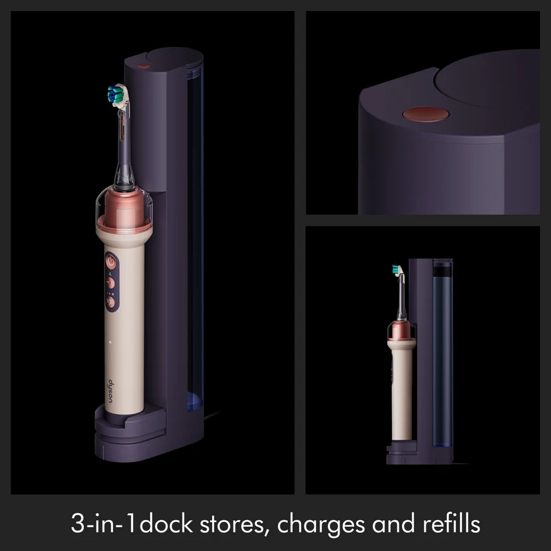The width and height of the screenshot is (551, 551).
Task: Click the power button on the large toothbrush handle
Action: [111, 262]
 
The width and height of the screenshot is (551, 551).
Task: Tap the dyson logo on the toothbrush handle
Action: [111, 391]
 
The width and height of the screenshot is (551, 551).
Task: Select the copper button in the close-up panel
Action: [426, 114]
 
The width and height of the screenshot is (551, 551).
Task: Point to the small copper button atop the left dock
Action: [143, 66]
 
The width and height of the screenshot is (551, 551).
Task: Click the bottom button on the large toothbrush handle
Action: [110, 302]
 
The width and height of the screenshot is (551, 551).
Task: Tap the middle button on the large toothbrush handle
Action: [111, 282]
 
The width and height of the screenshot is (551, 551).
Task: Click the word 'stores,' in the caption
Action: [232, 525]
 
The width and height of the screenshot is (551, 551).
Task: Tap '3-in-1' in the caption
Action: [103, 524]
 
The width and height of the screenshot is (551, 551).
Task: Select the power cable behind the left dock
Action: [212, 415]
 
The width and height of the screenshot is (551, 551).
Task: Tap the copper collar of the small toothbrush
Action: [402, 331]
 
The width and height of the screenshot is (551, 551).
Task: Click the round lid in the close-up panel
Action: [488, 80]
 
